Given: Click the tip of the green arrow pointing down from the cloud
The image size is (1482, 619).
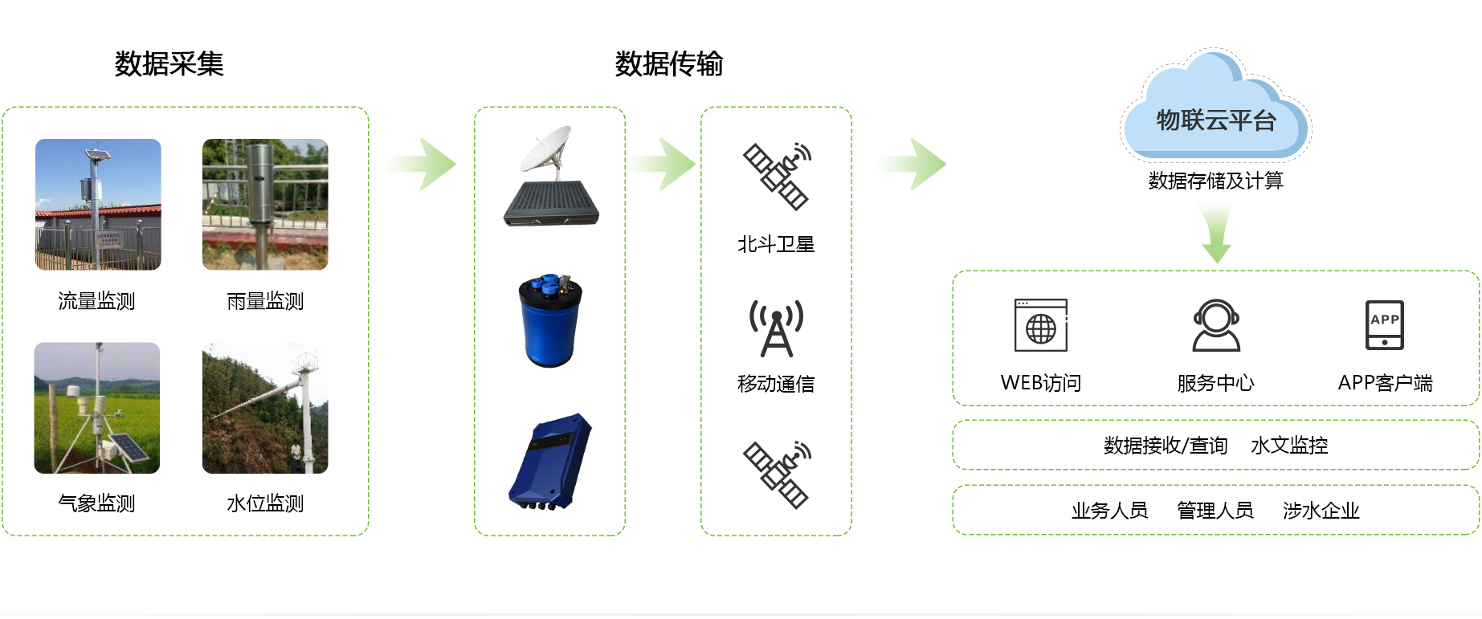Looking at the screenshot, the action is click(1216, 263).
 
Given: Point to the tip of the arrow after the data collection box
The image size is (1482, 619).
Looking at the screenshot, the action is click(456, 165).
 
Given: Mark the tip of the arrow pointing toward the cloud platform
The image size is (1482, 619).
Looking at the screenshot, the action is click(946, 165).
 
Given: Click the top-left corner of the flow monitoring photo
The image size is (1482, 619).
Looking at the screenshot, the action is click(35, 139).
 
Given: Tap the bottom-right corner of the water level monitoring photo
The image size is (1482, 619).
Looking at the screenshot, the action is click(328, 473).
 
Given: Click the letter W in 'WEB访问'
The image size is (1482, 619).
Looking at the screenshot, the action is click(1010, 383).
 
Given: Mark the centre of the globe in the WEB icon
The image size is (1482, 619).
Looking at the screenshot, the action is click(1041, 329).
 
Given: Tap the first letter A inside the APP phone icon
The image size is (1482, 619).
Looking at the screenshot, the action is click(1375, 320).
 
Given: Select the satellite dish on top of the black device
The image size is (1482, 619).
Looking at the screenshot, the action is click(546, 149).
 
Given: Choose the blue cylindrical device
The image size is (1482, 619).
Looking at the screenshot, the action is click(549, 320).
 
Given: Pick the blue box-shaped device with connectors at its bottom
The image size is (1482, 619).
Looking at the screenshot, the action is click(550, 462).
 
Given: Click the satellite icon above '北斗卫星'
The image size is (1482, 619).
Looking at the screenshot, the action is click(777, 177).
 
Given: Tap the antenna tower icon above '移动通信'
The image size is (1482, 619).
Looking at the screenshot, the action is click(776, 328).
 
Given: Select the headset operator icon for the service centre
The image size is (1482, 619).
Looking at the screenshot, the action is click(1216, 325).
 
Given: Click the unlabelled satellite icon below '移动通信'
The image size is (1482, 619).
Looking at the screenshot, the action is click(777, 474).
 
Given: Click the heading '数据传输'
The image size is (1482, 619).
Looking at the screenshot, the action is click(669, 63).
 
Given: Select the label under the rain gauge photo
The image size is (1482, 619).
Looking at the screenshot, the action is click(265, 301).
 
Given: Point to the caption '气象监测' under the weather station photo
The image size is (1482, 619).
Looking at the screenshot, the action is click(96, 503).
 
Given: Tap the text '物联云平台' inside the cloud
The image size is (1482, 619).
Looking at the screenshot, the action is click(1216, 120).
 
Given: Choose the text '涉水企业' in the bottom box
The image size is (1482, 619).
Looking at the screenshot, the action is click(1321, 511).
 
